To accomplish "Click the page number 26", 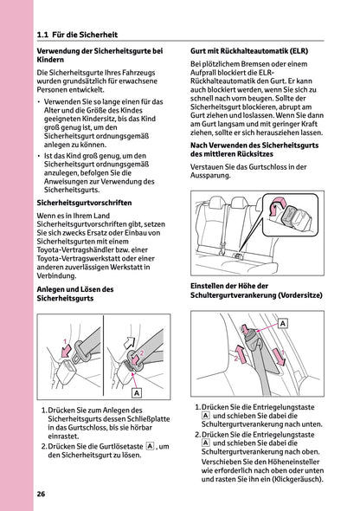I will point(41,494).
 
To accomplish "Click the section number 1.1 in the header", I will point(44,36).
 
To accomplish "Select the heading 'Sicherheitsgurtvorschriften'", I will point(84,202).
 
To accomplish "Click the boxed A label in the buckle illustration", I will point(137,391).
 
